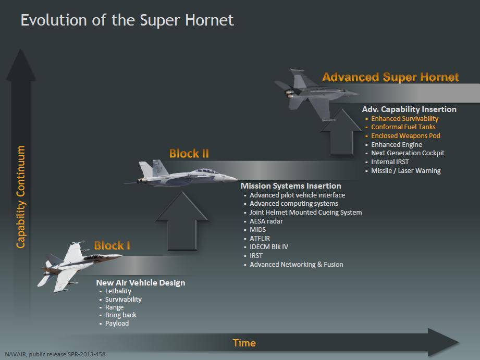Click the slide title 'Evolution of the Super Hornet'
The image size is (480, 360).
(x=127, y=20)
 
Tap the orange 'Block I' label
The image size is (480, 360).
(x=112, y=245)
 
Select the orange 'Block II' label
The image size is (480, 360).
(x=189, y=153)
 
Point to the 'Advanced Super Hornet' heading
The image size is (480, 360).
(x=390, y=77)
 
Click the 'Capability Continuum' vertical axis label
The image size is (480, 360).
(x=20, y=197)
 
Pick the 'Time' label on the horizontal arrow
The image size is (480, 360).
(x=244, y=343)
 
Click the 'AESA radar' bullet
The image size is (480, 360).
(x=266, y=221)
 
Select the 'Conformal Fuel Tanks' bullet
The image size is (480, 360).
(x=403, y=127)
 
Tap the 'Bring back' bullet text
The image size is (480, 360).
(x=120, y=315)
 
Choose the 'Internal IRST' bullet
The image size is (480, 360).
(x=390, y=162)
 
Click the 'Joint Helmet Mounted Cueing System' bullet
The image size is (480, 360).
(x=305, y=213)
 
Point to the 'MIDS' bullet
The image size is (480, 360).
(x=258, y=230)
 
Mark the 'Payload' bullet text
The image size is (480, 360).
(x=117, y=324)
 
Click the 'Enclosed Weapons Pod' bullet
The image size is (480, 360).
(x=405, y=135)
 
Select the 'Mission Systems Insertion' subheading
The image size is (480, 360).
(x=291, y=186)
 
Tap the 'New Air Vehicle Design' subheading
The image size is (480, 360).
(x=141, y=282)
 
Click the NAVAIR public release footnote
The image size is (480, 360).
(x=55, y=354)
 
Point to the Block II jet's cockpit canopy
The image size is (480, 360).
(x=206, y=171)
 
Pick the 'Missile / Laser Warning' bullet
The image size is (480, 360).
(x=406, y=171)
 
